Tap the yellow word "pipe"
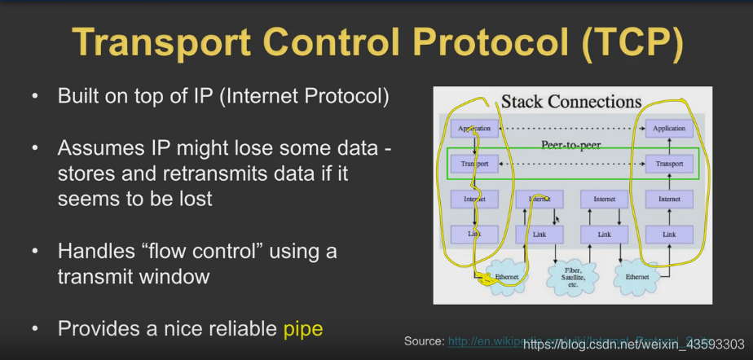click(x=303, y=329)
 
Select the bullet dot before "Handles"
click(x=35, y=251)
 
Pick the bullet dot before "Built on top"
click(x=35, y=96)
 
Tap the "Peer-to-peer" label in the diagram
click(x=570, y=145)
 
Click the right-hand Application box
click(x=669, y=129)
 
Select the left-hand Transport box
click(x=473, y=164)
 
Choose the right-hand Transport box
click(x=669, y=164)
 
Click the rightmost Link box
click(x=669, y=235)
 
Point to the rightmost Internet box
click(x=669, y=199)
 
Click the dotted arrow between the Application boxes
click(x=570, y=129)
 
